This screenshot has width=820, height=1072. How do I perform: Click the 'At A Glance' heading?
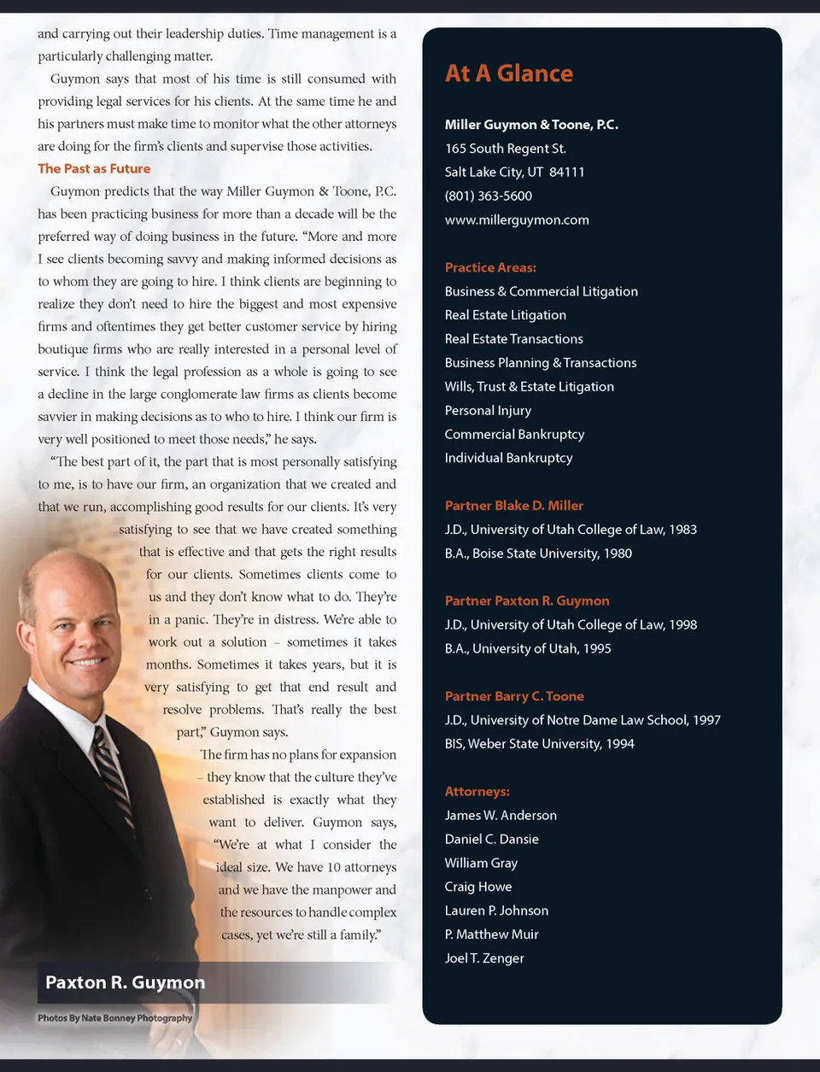508,73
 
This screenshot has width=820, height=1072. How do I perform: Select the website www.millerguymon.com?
516,220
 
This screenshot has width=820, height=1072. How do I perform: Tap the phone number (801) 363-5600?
488,196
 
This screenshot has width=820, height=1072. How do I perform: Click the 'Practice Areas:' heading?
490,267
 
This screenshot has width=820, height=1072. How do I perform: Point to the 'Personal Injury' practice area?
488,410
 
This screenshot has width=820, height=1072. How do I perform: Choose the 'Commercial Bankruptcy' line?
514,434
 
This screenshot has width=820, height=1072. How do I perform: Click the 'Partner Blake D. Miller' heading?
513,506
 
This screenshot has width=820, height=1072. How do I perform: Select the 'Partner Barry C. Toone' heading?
513,696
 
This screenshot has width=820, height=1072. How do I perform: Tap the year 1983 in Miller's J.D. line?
682,530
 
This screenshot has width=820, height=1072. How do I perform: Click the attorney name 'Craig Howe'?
477,887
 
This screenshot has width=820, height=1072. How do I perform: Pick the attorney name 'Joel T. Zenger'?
483,958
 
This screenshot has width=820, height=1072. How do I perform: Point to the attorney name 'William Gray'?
481,863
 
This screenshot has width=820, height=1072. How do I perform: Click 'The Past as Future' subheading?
94,168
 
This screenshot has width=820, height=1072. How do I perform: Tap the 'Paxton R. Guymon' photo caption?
125,982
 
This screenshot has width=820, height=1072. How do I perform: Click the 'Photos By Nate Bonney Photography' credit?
114,1018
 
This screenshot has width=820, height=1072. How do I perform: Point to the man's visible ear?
27,603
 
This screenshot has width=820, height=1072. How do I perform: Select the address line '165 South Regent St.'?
505,148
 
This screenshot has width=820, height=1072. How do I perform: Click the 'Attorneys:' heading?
477,792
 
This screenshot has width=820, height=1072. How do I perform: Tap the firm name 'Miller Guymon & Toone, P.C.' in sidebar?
530,125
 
